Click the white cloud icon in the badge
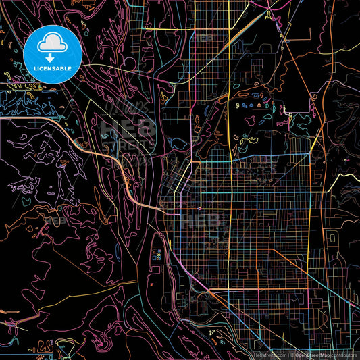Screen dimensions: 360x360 tap(53, 43)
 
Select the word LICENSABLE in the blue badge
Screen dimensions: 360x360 tap(53, 68)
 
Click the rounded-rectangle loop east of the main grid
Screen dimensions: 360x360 tap(332, 238)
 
